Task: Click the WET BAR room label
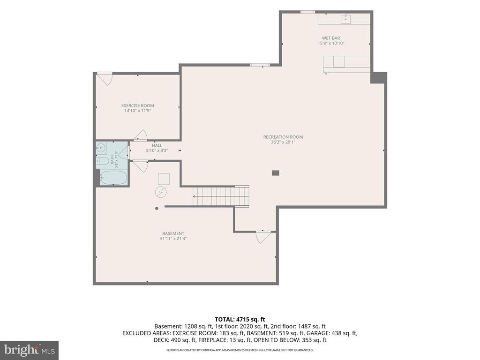[x=331, y=38]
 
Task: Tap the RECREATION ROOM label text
[x=283, y=137]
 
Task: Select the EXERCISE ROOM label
[x=138, y=105]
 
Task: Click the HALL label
[x=157, y=145]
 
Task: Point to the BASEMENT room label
[x=173, y=233]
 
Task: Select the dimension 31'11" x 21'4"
[x=173, y=239]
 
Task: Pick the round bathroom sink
[x=101, y=149]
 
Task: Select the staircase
[x=221, y=195]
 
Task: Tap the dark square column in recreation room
[x=276, y=173]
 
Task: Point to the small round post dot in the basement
[x=157, y=209]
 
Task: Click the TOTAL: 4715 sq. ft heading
[x=240, y=320]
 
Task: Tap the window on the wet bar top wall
[x=307, y=12]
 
